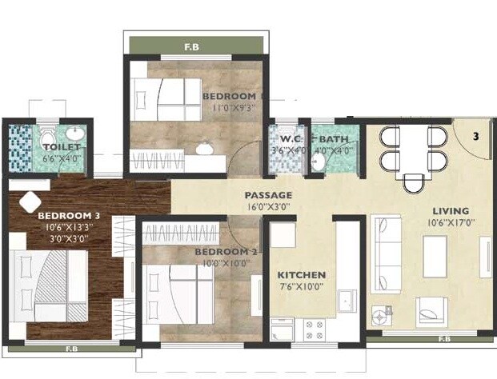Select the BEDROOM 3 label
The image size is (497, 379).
coord(68,215)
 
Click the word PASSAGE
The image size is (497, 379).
coord(268,195)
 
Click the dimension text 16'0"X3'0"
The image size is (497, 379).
coord(268,207)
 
